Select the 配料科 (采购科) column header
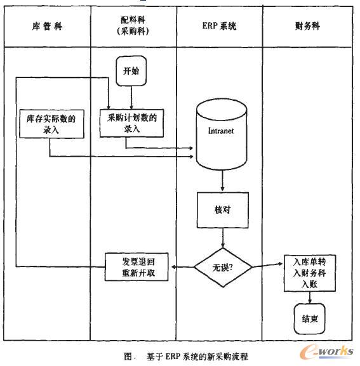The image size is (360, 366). click(132, 25)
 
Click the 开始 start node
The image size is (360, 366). click(131, 71)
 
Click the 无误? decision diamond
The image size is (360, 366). click(222, 266)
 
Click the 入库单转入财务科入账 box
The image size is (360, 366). click(309, 273)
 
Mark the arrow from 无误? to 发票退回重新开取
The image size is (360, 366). click(181, 266)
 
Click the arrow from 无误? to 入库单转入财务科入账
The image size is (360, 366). click(267, 266)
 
